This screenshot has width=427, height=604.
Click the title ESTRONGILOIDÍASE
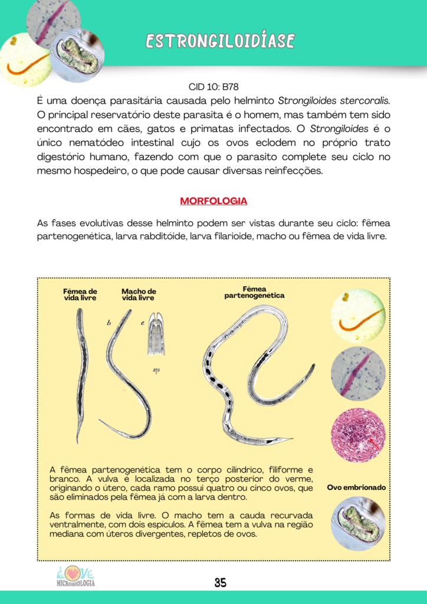click(220, 41)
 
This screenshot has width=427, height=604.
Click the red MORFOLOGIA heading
click(213, 201)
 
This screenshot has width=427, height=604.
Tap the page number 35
click(220, 583)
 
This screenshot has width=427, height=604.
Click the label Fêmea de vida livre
click(80, 294)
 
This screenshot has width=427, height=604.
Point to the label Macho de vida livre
click(139, 294)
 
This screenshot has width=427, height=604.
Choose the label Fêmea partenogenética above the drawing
click(255, 292)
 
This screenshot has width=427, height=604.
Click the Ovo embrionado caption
click(356, 488)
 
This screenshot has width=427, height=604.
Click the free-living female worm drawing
click(81, 372)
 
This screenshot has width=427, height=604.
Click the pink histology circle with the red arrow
click(358, 435)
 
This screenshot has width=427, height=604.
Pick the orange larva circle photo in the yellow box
click(358, 316)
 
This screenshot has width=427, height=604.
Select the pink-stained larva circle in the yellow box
click(358, 374)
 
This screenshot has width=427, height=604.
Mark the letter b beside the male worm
click(109, 323)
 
